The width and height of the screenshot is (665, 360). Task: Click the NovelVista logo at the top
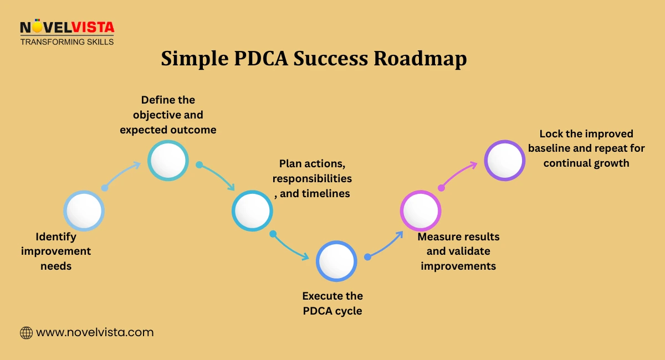66,27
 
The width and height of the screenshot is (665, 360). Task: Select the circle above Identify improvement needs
84,210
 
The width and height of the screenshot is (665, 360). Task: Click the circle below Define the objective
168,160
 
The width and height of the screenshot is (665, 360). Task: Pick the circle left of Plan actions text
252,210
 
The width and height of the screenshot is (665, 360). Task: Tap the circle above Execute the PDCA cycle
336,261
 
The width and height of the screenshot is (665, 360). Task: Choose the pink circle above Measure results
421,210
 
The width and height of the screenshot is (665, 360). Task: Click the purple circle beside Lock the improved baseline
505,160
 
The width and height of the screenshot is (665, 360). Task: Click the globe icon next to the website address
26,333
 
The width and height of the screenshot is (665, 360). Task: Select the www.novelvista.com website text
95,333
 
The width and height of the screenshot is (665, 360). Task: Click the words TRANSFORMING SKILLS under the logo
66,42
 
